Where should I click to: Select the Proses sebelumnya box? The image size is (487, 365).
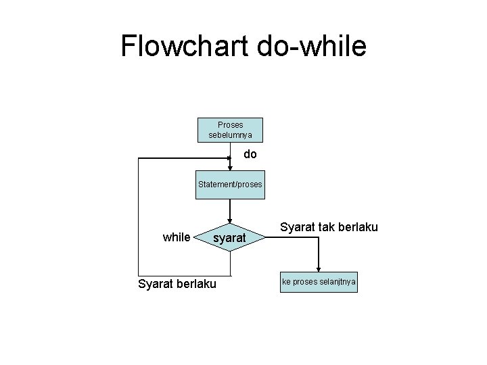(230, 130)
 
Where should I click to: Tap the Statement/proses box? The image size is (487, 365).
(230, 184)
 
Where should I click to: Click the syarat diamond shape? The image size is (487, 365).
(230, 238)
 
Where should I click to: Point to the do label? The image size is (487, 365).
(250, 155)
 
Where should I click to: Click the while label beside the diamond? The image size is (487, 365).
(177, 237)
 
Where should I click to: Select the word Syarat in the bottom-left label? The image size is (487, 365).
(154, 283)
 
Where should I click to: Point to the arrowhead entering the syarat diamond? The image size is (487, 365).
(230, 222)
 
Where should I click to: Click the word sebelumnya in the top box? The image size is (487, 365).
(230, 135)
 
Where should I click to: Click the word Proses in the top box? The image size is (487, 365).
(230, 125)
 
